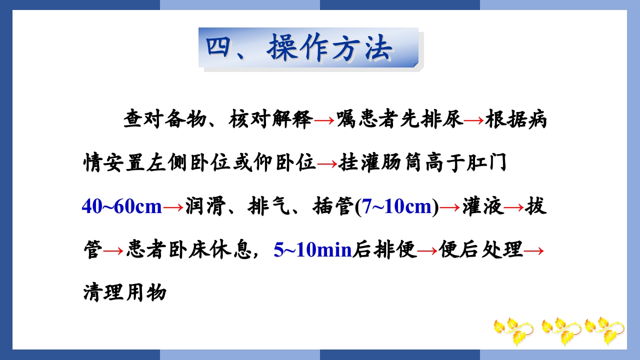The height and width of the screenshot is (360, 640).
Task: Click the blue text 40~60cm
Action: coord(121,206)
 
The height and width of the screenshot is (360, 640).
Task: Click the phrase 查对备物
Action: coord(165,120)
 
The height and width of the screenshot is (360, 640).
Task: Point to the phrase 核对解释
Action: coord(271,120)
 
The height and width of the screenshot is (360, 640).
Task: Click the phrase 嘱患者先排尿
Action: coord(399,120)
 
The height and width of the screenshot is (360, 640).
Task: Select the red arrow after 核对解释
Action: coord(325,121)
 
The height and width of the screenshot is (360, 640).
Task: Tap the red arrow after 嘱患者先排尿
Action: coord(474,121)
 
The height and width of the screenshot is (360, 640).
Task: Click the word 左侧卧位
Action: coord(189,163)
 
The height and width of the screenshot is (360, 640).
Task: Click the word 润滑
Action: coord(205,206)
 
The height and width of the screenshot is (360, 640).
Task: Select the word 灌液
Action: coord(482,206)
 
